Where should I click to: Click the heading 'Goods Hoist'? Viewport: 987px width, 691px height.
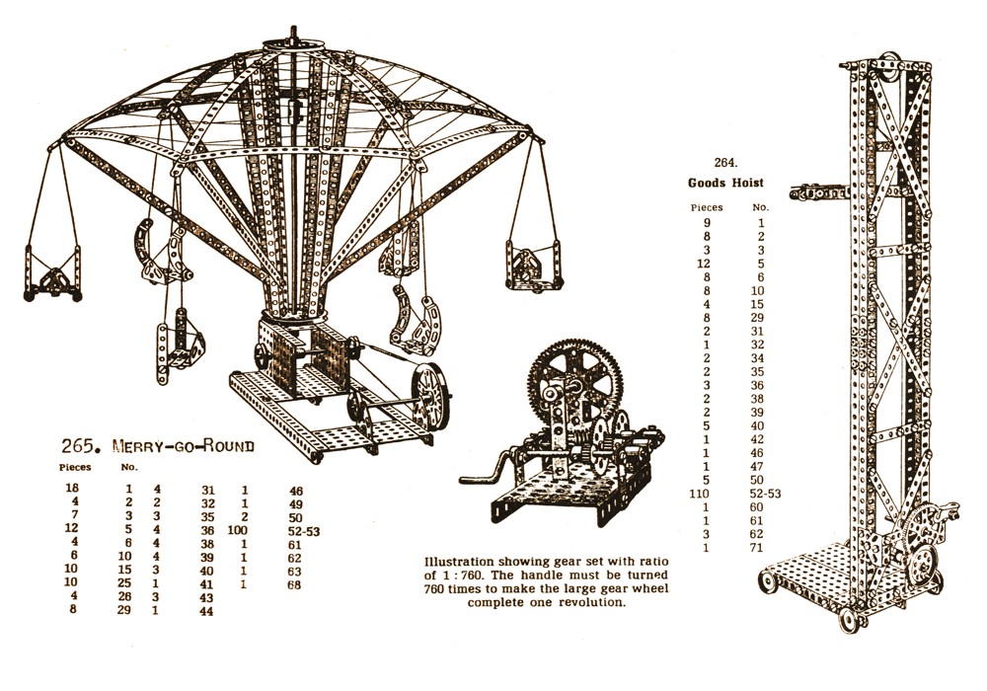click(725, 184)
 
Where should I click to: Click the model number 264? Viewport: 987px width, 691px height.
click(725, 162)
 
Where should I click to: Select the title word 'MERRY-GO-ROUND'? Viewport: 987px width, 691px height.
click(184, 447)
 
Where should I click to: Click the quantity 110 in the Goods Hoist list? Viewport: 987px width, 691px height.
click(699, 494)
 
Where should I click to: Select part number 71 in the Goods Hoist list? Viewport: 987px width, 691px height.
click(756, 548)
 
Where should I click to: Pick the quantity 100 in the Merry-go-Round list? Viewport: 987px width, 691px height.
click(237, 530)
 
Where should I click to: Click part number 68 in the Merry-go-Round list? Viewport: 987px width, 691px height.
click(294, 584)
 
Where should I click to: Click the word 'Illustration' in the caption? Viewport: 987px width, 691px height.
click(458, 562)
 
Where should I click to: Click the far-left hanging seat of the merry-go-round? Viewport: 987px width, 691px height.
click(53, 273)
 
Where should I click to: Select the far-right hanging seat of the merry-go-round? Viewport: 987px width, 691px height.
click(532, 265)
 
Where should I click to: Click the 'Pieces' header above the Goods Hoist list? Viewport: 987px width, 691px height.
click(707, 207)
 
